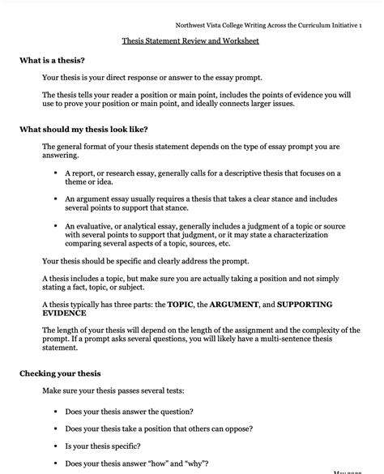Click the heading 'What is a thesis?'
coord(53,61)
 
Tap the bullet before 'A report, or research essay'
coord(56,173)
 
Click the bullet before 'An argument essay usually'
coord(56,198)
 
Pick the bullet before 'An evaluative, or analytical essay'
coord(56,226)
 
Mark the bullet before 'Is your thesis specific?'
coord(56,446)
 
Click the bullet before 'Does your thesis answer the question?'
coord(56,412)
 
